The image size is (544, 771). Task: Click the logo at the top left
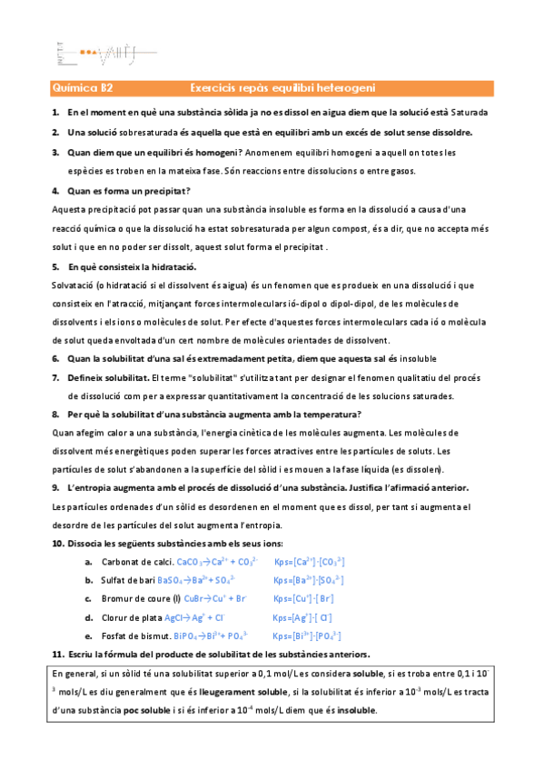pos(87,52)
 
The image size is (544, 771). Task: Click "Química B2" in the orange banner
pos(83,88)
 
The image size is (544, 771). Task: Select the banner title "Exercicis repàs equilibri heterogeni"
pos(282,88)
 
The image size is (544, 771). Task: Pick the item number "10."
pos(57,545)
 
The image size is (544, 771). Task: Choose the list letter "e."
pos(88,635)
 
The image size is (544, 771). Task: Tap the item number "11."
pos(57,655)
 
